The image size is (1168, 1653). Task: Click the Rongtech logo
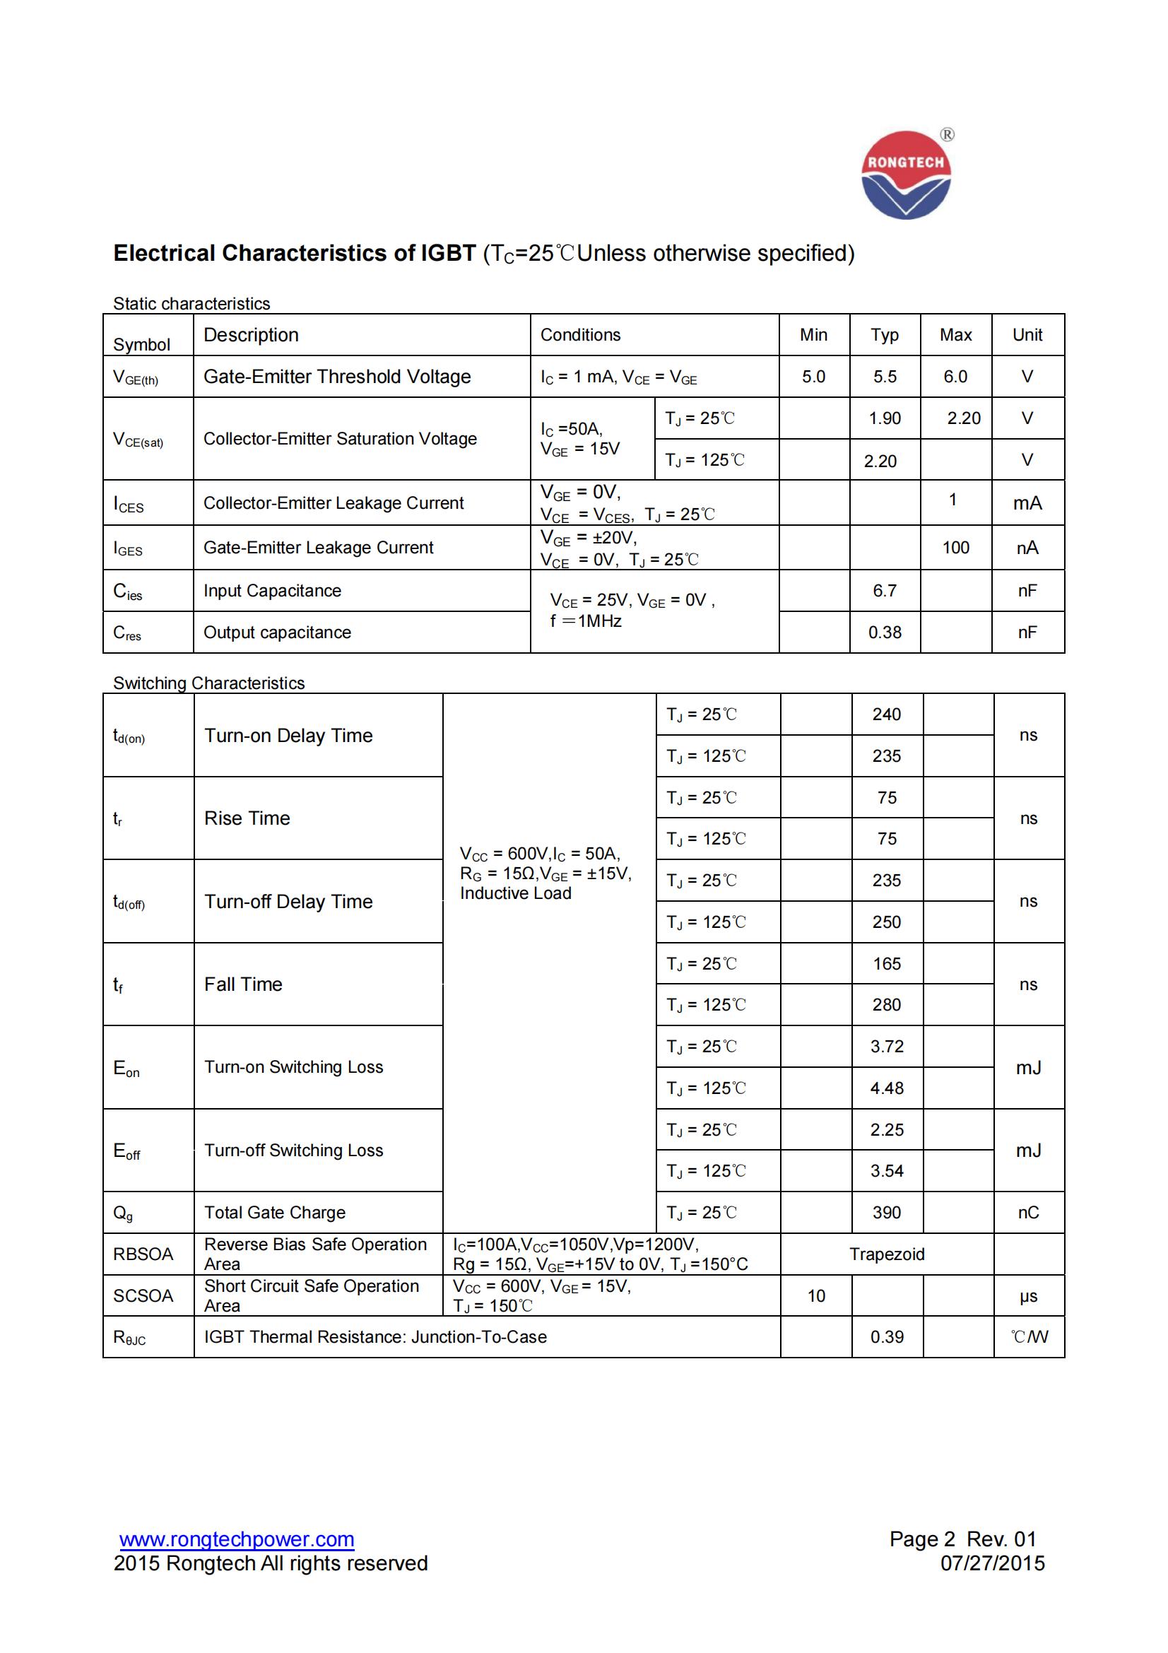906,175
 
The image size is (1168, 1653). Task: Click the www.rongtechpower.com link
237,1539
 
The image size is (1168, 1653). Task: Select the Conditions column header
580,335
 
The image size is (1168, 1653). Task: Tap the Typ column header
885,335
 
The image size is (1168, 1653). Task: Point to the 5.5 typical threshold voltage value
885,377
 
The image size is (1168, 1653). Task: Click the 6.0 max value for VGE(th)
955,377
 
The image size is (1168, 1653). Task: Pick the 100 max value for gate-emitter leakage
956,548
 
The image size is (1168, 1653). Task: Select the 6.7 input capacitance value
885,591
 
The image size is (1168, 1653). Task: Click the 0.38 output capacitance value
885,633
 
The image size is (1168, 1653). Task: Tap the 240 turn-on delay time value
887,714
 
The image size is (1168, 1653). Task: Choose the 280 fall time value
887,1005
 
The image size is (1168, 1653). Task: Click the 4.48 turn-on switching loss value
887,1088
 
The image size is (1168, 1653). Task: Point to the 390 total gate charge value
887,1213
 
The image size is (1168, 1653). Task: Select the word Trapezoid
887,1254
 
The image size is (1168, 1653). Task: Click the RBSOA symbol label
143,1254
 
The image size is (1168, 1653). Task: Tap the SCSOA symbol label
143,1296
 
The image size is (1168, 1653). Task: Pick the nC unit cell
1028,1213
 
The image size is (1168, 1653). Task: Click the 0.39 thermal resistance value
887,1337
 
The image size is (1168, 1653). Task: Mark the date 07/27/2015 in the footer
992,1563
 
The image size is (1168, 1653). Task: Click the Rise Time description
247,818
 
